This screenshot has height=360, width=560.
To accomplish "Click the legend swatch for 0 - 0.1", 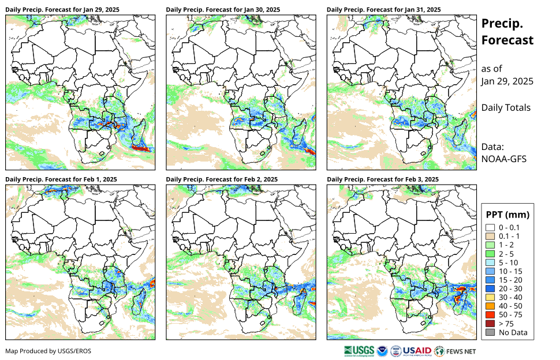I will pyautogui.click(x=490, y=228).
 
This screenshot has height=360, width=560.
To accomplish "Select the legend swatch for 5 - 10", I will pyautogui.click(x=490, y=262).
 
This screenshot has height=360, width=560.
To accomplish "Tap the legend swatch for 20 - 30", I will pyautogui.click(x=490, y=288).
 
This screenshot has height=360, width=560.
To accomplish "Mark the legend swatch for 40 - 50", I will pyautogui.click(x=490, y=306).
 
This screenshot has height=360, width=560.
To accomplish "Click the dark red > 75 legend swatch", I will pyautogui.click(x=490, y=324).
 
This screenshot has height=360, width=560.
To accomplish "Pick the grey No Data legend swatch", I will pyautogui.click(x=490, y=332).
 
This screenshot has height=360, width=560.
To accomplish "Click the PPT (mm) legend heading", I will pyautogui.click(x=507, y=215).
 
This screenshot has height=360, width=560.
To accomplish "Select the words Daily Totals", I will pyautogui.click(x=506, y=107).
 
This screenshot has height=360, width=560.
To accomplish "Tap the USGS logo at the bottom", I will pyautogui.click(x=359, y=350).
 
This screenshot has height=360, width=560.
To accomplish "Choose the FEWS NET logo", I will pyautogui.click(x=456, y=350).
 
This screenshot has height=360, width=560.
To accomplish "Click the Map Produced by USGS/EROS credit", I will pyautogui.click(x=48, y=351).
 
